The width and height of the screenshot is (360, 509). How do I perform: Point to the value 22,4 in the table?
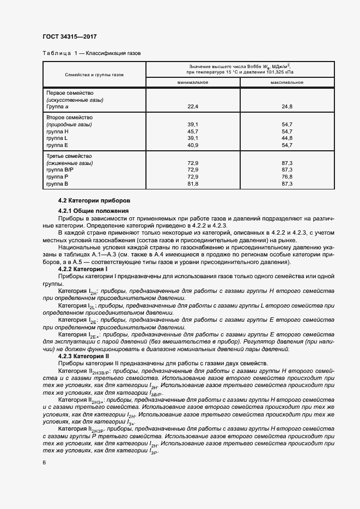(193, 107)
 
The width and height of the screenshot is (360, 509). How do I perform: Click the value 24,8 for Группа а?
(287, 107)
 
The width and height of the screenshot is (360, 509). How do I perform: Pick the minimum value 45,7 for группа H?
(193, 132)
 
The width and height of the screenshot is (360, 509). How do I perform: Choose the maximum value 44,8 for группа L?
(287, 138)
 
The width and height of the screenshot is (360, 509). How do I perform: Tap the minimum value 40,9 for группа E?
(193, 145)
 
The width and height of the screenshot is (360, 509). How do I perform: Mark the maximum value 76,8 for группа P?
(287, 177)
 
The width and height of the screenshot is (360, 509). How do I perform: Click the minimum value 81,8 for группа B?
(193, 184)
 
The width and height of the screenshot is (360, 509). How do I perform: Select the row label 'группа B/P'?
(60, 170)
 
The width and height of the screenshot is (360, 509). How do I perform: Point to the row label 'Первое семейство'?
(70, 93)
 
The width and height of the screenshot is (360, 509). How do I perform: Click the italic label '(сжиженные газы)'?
(73, 163)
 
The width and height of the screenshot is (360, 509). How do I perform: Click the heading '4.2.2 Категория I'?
(83, 269)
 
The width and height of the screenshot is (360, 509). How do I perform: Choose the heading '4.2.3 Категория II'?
(84, 355)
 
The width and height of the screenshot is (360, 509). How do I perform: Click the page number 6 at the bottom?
(44, 462)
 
